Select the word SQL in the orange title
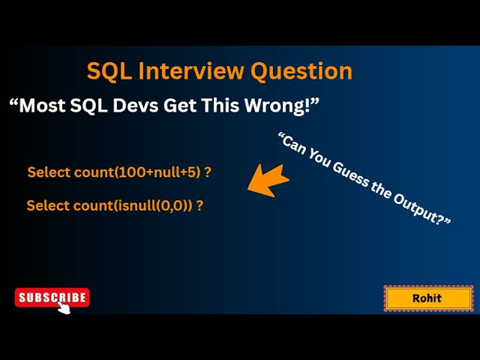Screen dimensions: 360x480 point(108,71)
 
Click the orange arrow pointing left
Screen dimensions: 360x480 point(268,181)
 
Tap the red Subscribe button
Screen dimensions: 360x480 point(52,298)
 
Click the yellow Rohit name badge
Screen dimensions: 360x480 point(428,298)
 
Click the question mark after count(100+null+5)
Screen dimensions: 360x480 point(208,172)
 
